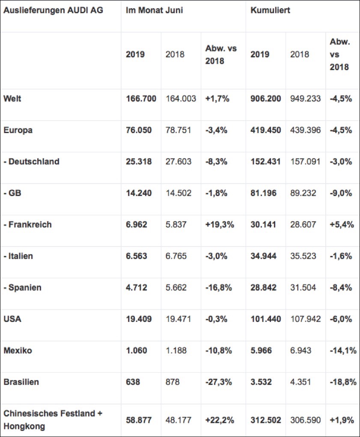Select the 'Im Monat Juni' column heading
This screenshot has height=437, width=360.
(154, 10)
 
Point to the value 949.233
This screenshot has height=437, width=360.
(305, 98)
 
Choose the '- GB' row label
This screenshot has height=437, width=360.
(12, 193)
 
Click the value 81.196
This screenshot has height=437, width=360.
(263, 193)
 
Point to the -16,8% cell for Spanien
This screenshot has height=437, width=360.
(219, 287)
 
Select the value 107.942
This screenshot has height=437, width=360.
(305, 319)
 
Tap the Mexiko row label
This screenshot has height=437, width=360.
(18, 350)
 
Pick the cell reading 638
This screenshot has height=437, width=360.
(133, 382)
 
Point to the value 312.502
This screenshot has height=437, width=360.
(266, 420)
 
